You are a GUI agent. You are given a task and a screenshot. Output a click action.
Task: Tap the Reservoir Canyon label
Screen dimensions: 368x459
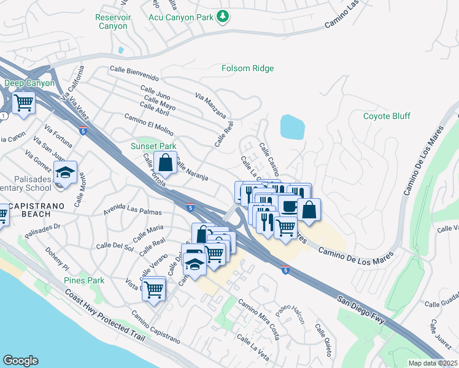point(112,22)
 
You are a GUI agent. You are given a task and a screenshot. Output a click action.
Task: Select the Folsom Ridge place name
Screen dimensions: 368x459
point(247,68)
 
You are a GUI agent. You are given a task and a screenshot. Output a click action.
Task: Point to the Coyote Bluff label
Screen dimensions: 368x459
point(387,116)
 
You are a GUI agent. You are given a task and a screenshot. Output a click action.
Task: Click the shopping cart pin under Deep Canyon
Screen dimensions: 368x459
point(23,102)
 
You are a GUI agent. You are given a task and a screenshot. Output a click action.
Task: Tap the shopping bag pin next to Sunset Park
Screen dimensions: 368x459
point(165,163)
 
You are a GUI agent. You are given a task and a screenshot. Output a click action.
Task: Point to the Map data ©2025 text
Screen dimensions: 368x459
point(432,363)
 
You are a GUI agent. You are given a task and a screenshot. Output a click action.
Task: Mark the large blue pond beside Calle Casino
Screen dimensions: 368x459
point(292,126)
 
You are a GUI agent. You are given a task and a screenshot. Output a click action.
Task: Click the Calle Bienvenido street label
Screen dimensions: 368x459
point(134,74)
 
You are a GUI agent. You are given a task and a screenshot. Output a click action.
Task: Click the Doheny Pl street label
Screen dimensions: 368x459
point(57,258)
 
